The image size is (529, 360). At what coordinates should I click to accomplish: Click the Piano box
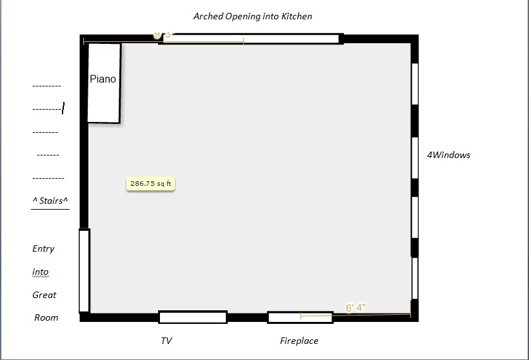pyautogui.click(x=104, y=83)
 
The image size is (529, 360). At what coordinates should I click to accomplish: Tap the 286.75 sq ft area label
pyautogui.click(x=151, y=184)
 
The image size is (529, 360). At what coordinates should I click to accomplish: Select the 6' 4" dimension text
pyautogui.click(x=356, y=308)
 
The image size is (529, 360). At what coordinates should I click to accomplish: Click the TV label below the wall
pyautogui.click(x=166, y=341)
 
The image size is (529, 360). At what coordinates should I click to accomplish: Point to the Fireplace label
pyautogui.click(x=299, y=341)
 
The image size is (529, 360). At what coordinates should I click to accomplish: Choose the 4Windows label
pyautogui.click(x=448, y=155)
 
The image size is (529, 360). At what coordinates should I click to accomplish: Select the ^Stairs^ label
pyautogui.click(x=50, y=201)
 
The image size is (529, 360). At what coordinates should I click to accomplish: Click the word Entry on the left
pyautogui.click(x=43, y=248)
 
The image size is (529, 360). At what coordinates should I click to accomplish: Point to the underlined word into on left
pyautogui.click(x=40, y=272)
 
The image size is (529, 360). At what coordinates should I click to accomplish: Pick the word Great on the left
pyautogui.click(x=45, y=295)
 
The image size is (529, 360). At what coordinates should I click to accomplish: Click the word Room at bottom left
pyautogui.click(x=46, y=317)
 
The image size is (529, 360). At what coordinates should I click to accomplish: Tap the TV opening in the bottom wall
pyautogui.click(x=193, y=317)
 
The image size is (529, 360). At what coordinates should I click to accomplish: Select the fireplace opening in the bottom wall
pyautogui.click(x=300, y=317)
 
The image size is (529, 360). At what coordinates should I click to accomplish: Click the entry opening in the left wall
pyautogui.click(x=84, y=270)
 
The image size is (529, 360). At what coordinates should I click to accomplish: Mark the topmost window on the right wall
pyautogui.click(x=415, y=84)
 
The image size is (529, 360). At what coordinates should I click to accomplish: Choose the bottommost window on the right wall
pyautogui.click(x=415, y=278)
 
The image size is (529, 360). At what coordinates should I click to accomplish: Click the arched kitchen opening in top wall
pyautogui.click(x=249, y=39)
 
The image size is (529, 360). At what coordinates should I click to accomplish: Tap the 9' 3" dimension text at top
pyautogui.click(x=163, y=35)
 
